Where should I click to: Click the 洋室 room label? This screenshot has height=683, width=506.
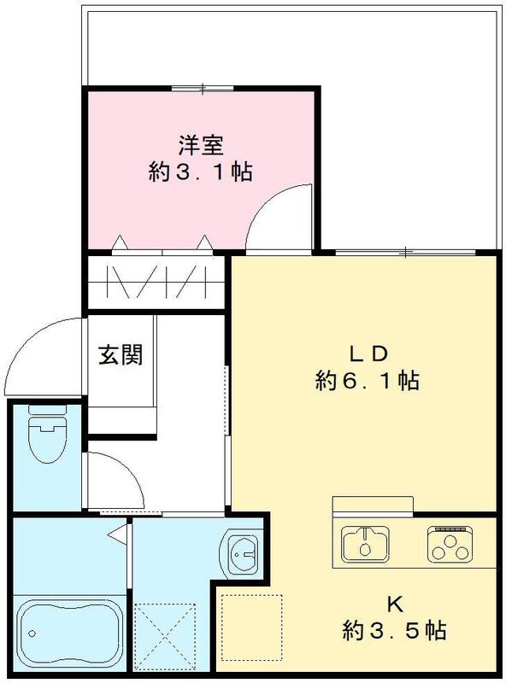click(x=200, y=143)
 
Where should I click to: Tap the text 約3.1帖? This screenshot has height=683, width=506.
click(x=200, y=172)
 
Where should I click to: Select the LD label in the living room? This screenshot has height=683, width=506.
click(x=368, y=352)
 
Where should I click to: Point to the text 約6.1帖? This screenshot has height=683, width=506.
click(x=368, y=381)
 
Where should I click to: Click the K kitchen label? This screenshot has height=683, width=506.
click(x=394, y=604)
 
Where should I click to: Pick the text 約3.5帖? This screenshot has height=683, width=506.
click(x=394, y=632)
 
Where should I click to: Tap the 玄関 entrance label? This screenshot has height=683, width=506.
click(x=120, y=353)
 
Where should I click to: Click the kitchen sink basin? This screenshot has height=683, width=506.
click(x=365, y=541)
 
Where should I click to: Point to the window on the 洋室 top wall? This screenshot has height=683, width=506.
click(x=202, y=88)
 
